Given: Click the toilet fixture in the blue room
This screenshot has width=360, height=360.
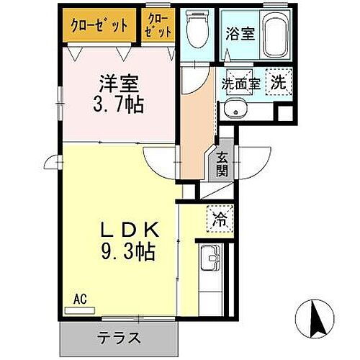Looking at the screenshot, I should tap(194, 28).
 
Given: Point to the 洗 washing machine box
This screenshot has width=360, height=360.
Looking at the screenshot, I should tap(278, 81).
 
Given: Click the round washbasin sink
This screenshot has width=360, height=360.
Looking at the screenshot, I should tap(233, 108).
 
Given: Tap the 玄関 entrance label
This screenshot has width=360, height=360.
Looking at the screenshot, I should tap(222, 166).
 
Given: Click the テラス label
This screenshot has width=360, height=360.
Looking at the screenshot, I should tap(120, 337).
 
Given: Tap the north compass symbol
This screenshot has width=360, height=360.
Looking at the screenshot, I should tap(314, 316).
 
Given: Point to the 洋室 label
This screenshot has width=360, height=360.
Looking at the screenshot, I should tap(118, 82).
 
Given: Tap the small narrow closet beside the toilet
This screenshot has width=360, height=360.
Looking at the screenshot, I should tap(158, 26).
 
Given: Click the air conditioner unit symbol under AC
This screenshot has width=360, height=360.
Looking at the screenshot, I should tap(79, 308).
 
